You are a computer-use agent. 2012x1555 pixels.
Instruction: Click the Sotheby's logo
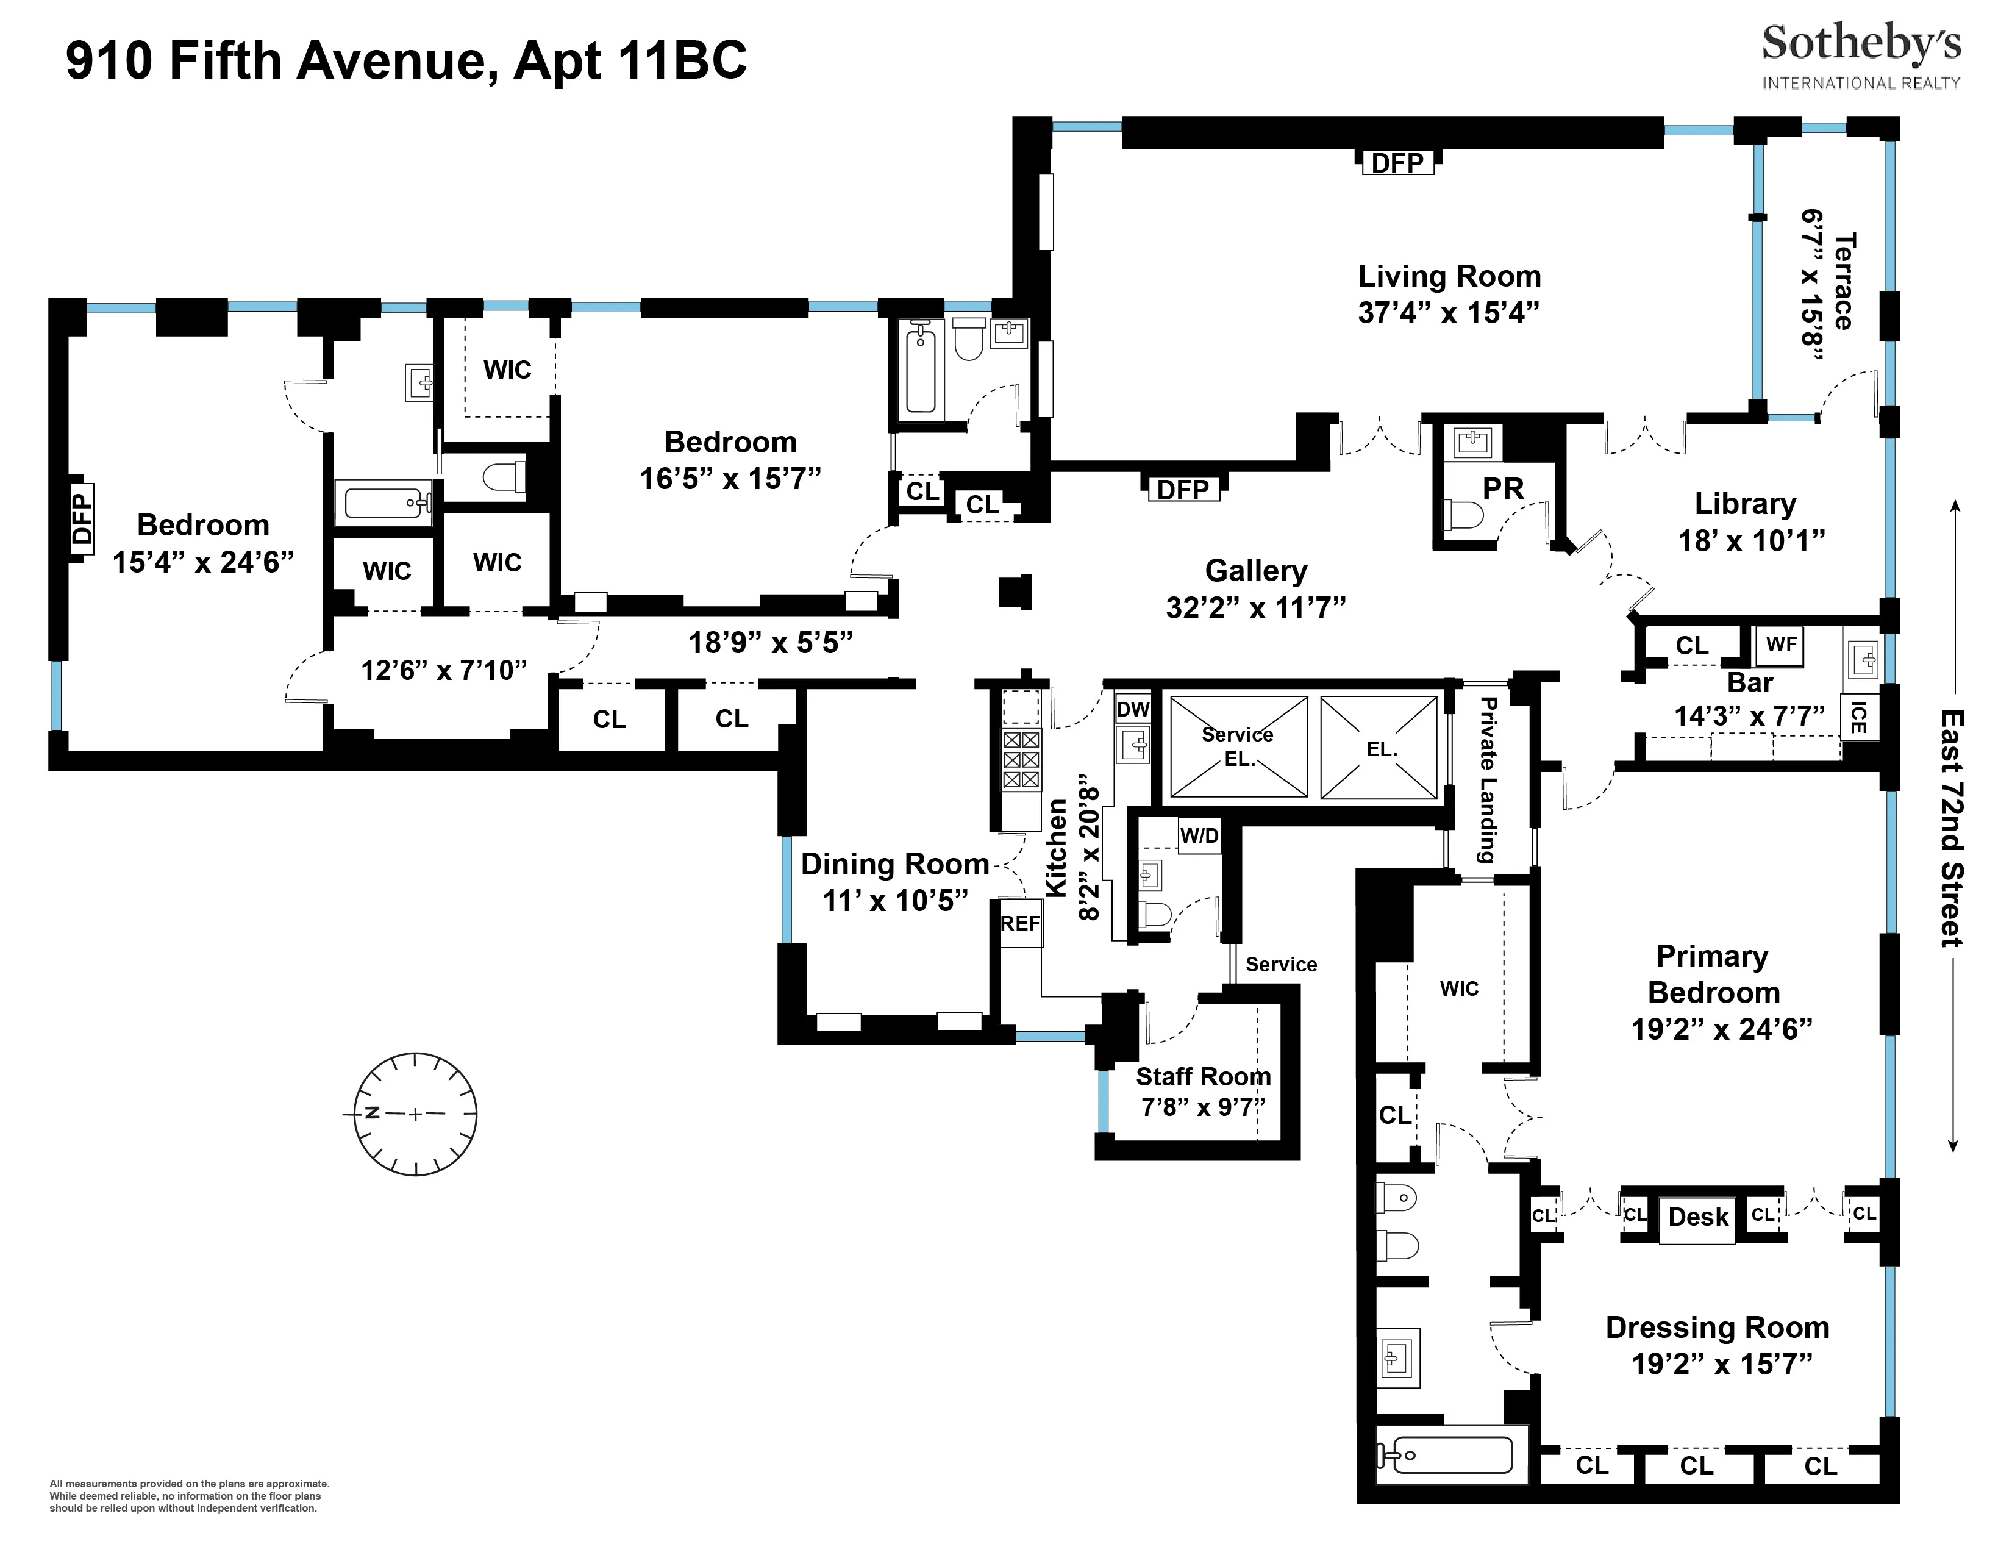click(x=1861, y=55)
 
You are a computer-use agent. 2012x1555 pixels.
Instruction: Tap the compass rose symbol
click(x=415, y=1114)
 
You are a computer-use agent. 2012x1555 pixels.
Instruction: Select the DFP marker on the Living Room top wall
click(x=1397, y=163)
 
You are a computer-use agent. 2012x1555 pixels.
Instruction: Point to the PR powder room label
click(x=1502, y=488)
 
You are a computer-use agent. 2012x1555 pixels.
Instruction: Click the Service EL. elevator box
click(x=1238, y=746)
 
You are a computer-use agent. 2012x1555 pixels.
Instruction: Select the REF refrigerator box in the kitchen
click(x=1021, y=923)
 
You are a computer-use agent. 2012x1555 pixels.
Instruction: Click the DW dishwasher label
click(x=1132, y=709)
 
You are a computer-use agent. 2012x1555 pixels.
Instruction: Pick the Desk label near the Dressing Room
click(x=1698, y=1218)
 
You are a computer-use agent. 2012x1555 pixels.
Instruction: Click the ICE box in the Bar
click(x=1858, y=718)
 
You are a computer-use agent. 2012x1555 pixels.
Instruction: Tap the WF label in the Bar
click(x=1780, y=645)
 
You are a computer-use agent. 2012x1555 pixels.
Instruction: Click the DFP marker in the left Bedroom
click(x=82, y=519)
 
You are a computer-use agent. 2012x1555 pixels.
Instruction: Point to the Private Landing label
click(x=1485, y=779)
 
